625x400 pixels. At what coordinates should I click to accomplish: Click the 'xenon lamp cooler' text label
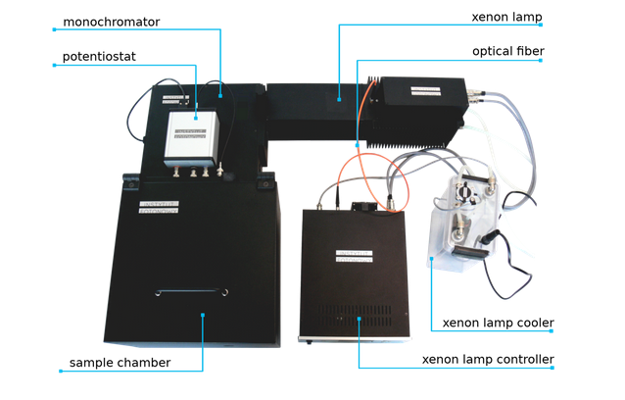point(499,322)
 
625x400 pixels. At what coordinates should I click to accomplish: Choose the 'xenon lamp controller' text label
point(488,359)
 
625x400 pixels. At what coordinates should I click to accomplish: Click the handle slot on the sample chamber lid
point(192,292)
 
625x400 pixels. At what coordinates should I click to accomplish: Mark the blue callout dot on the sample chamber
point(202,315)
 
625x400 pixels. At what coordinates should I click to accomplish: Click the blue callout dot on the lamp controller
point(360,319)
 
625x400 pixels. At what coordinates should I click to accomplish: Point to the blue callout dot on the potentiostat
point(196,118)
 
